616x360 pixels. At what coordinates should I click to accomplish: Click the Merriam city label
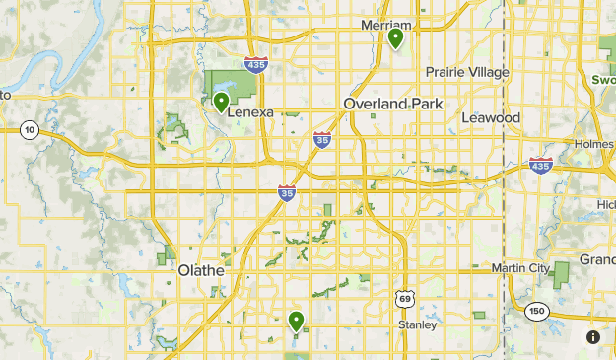click(385, 24)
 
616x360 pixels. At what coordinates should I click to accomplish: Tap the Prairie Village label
click(467, 72)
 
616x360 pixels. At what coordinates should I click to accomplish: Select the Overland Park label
click(394, 104)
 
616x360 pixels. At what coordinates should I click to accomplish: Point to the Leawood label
click(491, 117)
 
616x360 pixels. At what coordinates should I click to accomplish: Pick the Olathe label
click(201, 269)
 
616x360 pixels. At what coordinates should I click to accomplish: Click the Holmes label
click(594, 144)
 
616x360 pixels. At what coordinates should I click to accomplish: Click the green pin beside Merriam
click(395, 38)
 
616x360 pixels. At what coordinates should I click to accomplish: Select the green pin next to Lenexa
click(221, 101)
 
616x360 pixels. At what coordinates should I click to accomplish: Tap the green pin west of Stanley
click(296, 321)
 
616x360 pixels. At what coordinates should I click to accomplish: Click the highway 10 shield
click(30, 130)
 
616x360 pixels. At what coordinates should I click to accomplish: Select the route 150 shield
click(535, 310)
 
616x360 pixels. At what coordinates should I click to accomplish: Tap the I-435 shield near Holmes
click(540, 165)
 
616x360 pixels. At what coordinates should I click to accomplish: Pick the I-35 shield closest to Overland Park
click(322, 140)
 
